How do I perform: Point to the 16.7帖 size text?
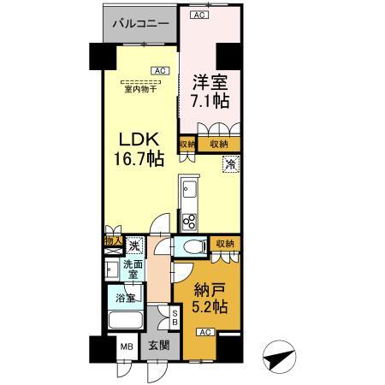pos(138,160)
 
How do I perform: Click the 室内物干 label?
pos(138,88)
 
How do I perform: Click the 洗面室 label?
pos(133,270)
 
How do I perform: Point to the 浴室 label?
pos(125,299)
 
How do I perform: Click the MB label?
pos(126,349)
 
